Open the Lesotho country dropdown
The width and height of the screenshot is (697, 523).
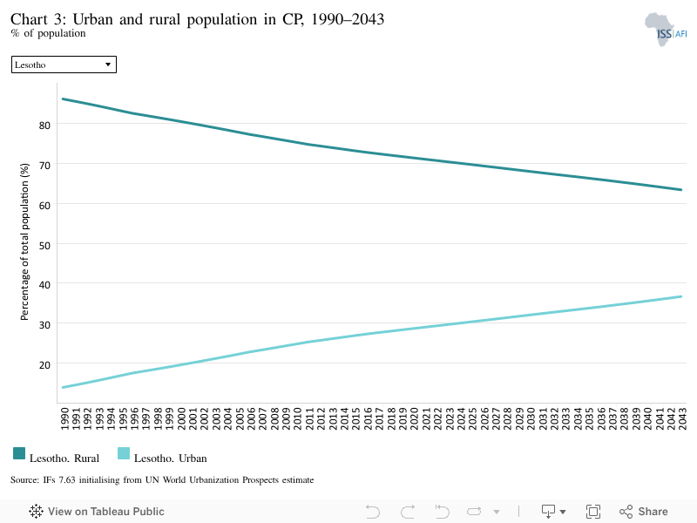64,65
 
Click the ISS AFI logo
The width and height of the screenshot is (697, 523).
666,30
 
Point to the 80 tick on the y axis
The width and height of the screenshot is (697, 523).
44,125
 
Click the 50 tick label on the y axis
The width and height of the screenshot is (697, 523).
44,245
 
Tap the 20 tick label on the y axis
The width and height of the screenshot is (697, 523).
44,364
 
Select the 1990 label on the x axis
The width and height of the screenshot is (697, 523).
64,418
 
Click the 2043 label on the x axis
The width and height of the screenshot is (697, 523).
682,418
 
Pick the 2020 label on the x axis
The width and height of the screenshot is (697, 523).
414,418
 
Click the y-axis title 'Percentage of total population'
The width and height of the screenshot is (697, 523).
24,241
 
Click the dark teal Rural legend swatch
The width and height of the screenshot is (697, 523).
19,453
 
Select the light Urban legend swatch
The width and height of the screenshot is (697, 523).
124,453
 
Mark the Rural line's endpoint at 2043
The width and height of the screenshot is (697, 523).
681,190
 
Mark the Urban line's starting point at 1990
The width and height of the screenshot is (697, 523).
63,387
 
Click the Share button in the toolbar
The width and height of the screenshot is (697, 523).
644,512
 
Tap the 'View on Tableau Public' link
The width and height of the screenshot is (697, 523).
97,512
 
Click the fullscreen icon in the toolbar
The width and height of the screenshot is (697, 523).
593,512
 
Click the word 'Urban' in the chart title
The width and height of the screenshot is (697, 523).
93,19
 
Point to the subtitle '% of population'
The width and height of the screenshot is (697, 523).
48,33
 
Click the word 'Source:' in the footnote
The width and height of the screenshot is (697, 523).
25,480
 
